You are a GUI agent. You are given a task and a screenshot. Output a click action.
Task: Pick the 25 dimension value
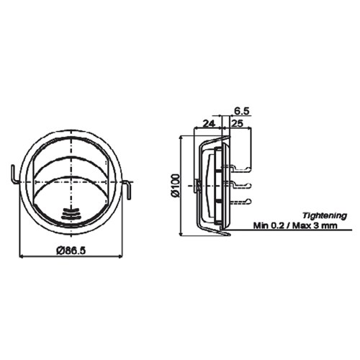click(238, 123)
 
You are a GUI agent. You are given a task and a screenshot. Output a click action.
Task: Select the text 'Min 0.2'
click(269, 225)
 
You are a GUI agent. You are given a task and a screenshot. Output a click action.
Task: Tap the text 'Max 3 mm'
click(318, 225)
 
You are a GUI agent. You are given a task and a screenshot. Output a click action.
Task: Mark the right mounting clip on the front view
click(128, 189)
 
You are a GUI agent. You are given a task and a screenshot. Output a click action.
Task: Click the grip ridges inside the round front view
click(71, 214)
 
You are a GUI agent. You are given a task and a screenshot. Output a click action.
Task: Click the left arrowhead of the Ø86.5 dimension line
click(22, 256)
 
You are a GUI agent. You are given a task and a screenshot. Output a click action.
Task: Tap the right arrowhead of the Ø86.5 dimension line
click(120, 256)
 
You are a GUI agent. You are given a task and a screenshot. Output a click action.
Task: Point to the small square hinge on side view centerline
click(198, 185)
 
